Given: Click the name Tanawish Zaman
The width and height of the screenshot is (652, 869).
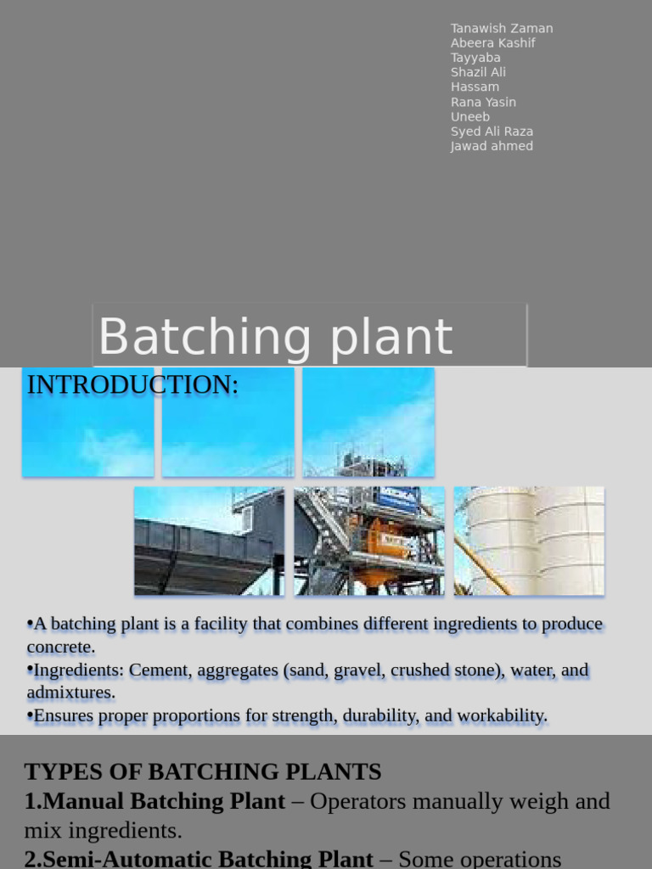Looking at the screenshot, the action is [x=502, y=28].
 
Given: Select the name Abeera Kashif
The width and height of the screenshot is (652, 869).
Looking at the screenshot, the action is [x=493, y=43].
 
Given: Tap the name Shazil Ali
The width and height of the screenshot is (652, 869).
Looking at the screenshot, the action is [x=478, y=73].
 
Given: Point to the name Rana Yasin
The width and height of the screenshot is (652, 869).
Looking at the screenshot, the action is [x=483, y=102].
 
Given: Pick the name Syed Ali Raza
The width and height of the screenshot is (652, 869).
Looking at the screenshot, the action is [x=492, y=132].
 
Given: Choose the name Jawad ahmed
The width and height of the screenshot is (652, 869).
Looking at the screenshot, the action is [x=492, y=146].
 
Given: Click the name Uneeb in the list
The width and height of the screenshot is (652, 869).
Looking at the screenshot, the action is [x=470, y=117].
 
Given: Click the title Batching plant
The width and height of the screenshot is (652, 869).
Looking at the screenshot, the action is [x=276, y=337].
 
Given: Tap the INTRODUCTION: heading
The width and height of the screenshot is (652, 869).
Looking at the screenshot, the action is [x=132, y=384].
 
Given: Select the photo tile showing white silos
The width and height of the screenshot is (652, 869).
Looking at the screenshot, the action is [x=529, y=541].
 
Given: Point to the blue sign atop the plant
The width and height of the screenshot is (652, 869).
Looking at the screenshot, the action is [x=399, y=496].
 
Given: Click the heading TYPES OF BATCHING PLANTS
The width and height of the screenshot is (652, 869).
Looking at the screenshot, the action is [x=203, y=772].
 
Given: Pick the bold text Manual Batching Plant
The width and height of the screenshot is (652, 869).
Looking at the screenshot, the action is [x=164, y=801].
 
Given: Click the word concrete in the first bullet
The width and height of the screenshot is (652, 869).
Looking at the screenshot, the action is [x=61, y=648].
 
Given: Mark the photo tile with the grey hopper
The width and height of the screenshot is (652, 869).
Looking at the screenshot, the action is [x=209, y=541].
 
